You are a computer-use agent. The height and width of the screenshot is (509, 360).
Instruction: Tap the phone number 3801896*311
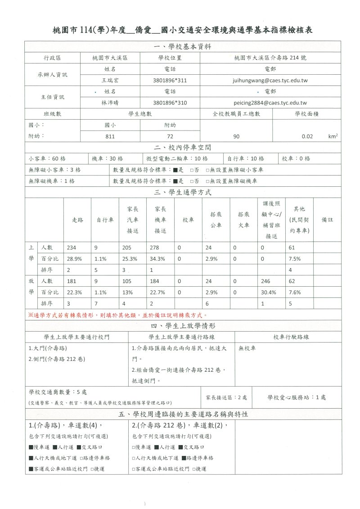pos(170,81)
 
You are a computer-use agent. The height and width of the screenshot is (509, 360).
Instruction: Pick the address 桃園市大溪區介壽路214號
pos(270,58)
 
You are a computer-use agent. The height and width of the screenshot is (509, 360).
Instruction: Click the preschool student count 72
pos(170,136)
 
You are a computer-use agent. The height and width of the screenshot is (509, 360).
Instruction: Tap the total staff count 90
pos(236,136)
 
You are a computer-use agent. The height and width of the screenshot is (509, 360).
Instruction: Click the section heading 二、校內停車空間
pos(182,147)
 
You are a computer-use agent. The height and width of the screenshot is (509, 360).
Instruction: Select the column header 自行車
pos(104,220)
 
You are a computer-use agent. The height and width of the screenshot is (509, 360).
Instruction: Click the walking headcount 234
pos(71,248)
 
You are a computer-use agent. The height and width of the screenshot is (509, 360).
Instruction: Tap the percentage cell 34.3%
pos(156,259)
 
